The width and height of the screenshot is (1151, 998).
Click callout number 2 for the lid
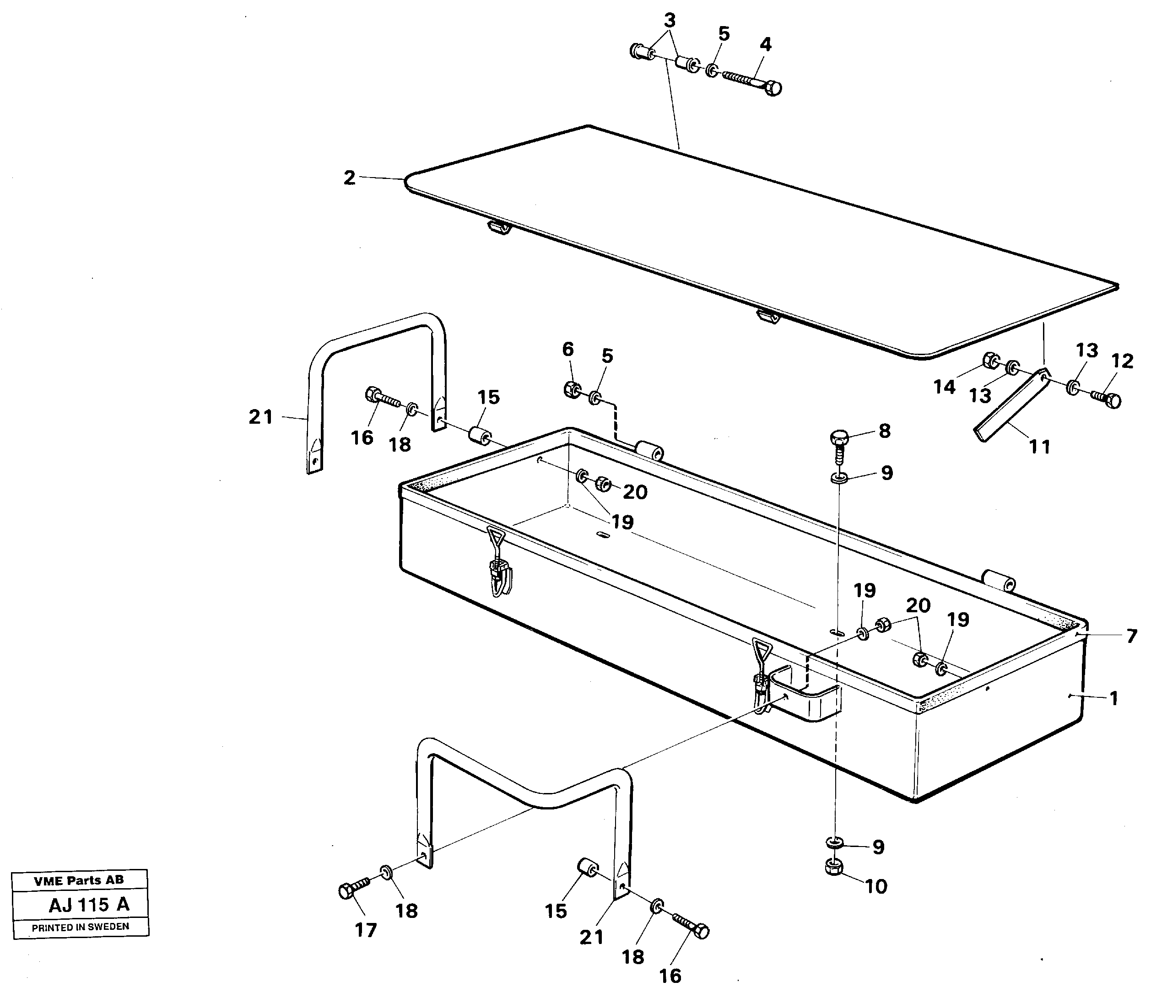[x=349, y=178]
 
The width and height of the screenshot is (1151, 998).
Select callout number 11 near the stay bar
[x=1039, y=446]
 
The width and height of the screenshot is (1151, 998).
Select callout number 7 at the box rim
[x=1131, y=636]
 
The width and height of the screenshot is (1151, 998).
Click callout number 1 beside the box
[x=1113, y=698]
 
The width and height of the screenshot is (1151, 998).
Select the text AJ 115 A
[x=89, y=905]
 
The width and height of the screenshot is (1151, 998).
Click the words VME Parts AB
[x=79, y=880]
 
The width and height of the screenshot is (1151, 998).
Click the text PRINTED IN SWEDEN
[x=80, y=927]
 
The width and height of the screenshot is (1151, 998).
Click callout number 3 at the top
[x=670, y=20]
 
